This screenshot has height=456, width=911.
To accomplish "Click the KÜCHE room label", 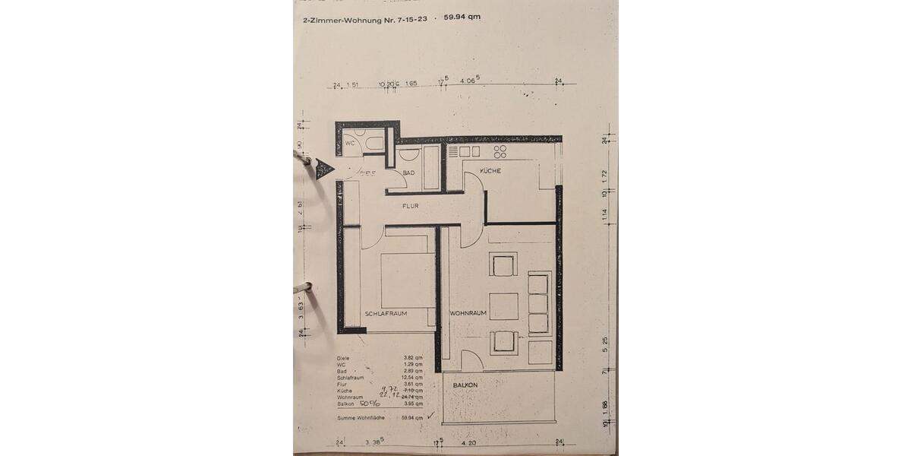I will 490,171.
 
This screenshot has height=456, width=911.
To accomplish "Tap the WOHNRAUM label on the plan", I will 468,313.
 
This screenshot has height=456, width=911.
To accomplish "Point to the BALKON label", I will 465,385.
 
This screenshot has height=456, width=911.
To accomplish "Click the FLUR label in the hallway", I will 411,206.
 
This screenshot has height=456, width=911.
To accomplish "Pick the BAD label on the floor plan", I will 408,173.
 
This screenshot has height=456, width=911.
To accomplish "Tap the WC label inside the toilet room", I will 350,143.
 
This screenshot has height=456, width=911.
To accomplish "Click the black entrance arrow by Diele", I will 325,169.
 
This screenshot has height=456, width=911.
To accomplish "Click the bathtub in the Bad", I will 431,168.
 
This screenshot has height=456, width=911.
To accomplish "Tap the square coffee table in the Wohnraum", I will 503,306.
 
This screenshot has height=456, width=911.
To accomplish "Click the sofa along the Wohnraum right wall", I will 538,303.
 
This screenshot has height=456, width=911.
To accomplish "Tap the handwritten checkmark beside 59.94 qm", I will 431,416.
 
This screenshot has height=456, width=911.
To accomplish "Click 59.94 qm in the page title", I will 462,17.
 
